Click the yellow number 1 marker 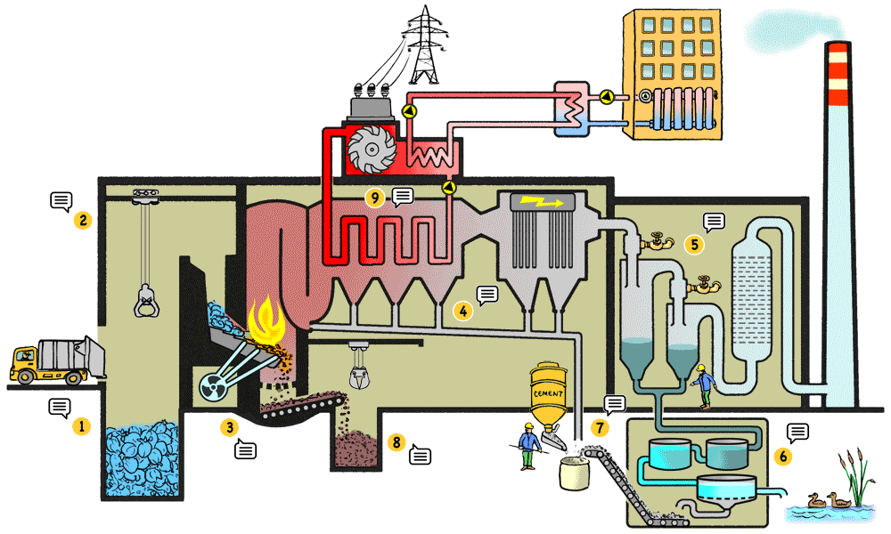tap(82, 426)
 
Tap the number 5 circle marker tap(693, 242)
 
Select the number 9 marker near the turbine tap(376, 197)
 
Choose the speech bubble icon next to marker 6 tap(798, 433)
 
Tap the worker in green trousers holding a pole tap(528, 445)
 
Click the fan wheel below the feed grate tap(217, 385)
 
